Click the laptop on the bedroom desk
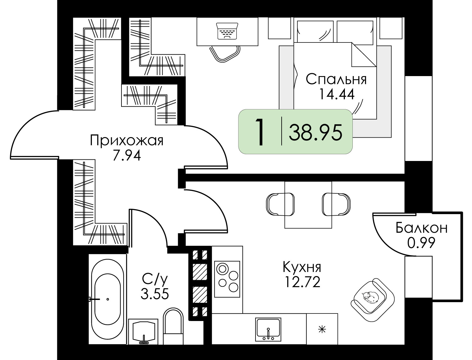pyautogui.click(x=227, y=31)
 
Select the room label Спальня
pyautogui.click(x=336, y=80)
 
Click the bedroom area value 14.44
pyautogui.click(x=336, y=94)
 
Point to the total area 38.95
pyautogui.click(x=315, y=132)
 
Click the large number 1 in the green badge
pyautogui.click(x=260, y=132)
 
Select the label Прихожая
pyautogui.click(x=127, y=141)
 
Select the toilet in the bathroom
pyautogui.click(x=173, y=327)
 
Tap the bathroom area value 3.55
pyautogui.click(x=155, y=294)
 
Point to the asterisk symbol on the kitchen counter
pyautogui.click(x=322, y=330)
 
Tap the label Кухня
pyautogui.click(x=302, y=267)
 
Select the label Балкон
pyautogui.click(x=421, y=228)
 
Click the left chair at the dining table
pyautogui.click(x=276, y=204)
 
